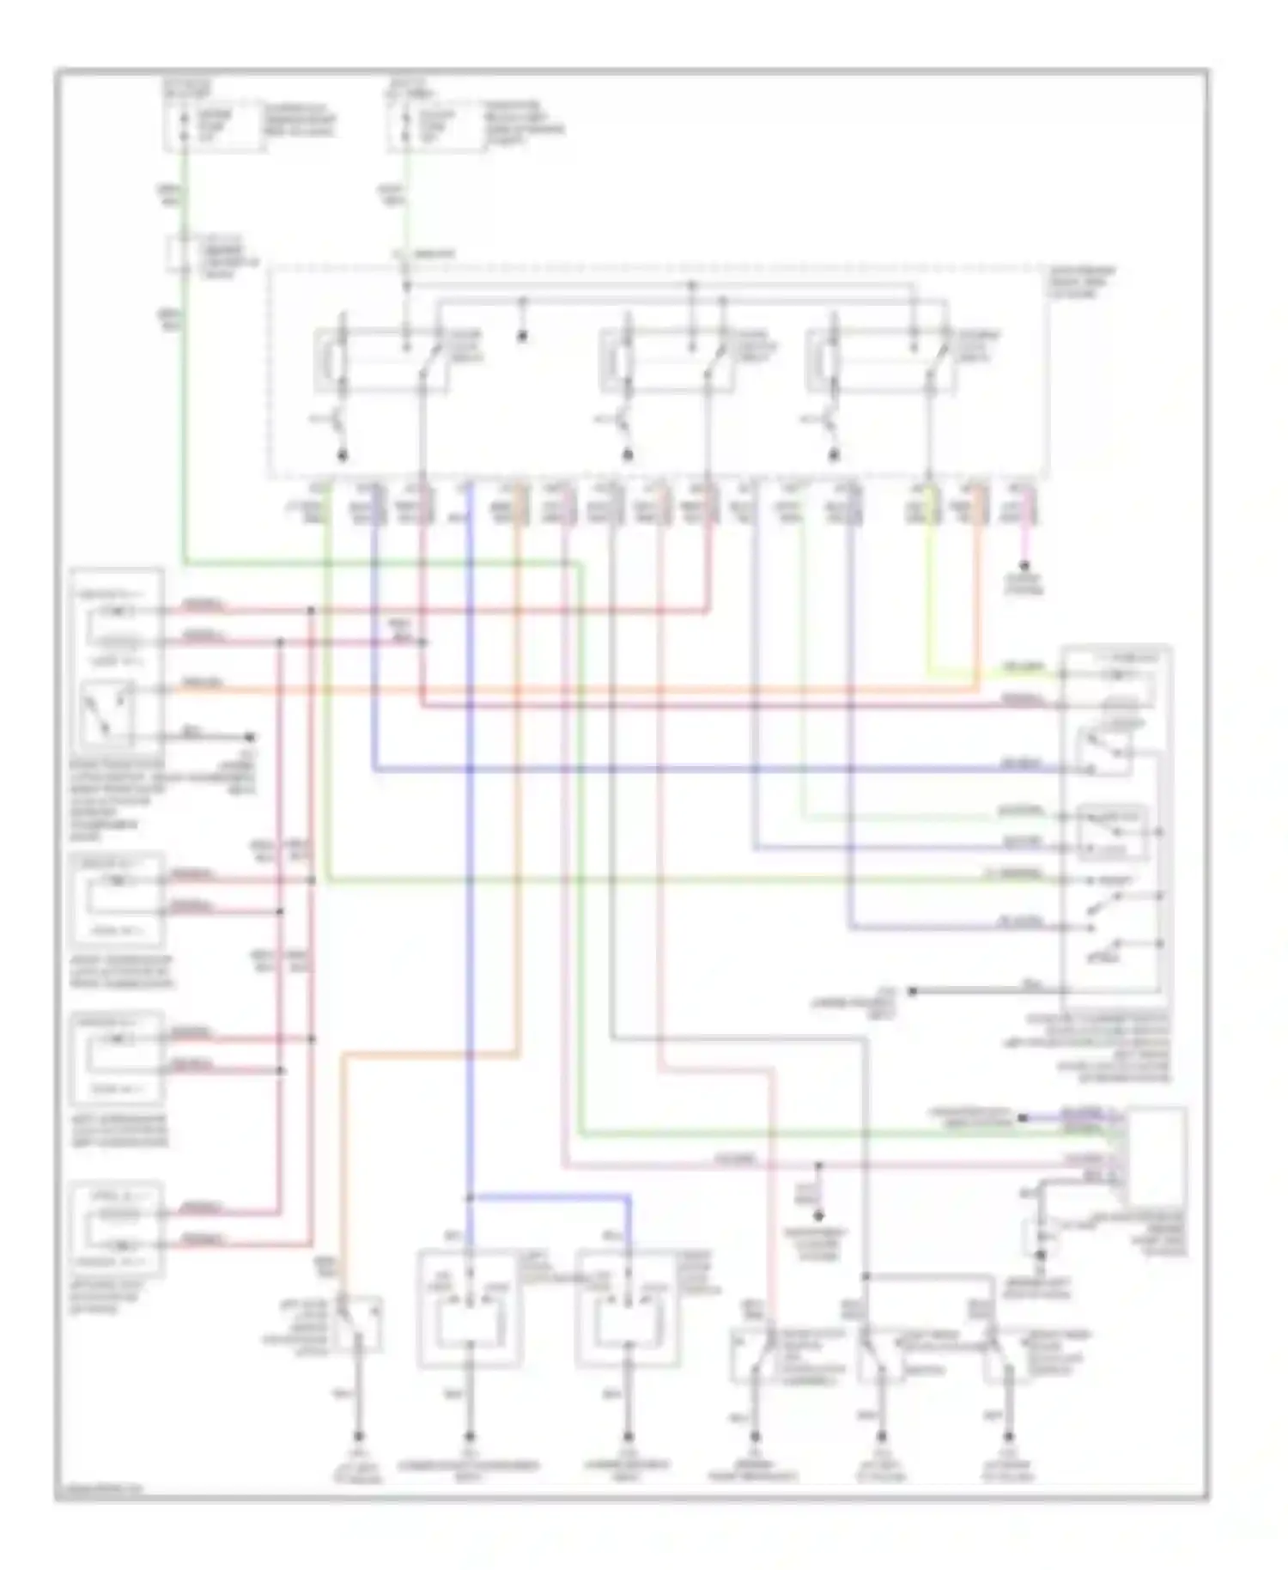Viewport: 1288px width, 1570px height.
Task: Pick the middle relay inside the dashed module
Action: (665, 361)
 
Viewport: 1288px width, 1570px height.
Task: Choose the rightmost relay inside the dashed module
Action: (880, 361)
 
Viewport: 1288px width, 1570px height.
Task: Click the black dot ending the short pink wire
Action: (1024, 566)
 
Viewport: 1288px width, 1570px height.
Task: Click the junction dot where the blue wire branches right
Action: (470, 1198)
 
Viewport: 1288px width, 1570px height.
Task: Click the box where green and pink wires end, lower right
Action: (1156, 1156)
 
